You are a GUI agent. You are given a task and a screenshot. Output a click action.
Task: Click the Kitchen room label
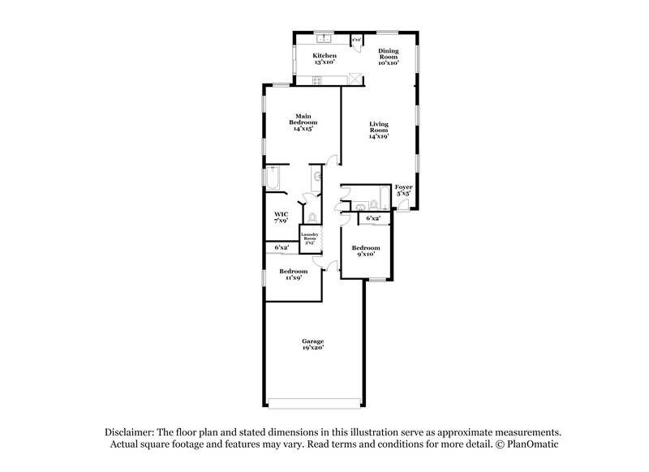coord(324,59)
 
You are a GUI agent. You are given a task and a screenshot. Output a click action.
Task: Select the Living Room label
coord(378,130)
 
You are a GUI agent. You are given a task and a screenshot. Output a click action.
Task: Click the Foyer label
coord(403,191)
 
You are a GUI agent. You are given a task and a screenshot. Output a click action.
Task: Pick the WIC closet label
coord(281,217)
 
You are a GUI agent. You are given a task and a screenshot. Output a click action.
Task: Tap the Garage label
coord(312,345)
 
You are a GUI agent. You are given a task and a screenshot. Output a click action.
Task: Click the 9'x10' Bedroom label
coord(365,251)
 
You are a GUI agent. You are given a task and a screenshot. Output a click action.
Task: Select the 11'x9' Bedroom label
coord(294,274)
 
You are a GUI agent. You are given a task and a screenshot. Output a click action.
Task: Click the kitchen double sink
coord(325,38)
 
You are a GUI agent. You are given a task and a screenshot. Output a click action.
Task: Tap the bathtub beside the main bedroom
coord(273,178)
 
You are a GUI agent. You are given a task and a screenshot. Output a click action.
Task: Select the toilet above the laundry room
coord(313,217)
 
